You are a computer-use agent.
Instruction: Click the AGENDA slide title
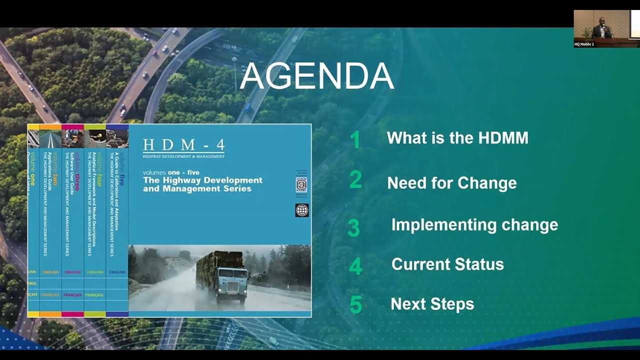317,76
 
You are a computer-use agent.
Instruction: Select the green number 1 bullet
355,140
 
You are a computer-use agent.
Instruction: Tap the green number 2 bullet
355,179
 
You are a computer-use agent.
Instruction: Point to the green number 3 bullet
353,227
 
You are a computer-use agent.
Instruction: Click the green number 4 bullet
355,266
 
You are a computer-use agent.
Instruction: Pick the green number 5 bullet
355,304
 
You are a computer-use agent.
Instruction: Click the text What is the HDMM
457,138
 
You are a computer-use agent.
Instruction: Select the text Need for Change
451,183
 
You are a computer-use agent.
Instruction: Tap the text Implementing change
474,225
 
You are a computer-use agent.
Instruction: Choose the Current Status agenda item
447,264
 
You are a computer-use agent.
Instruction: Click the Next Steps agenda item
432,303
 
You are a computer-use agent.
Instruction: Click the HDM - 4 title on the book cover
183,145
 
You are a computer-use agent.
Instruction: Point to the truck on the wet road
222,275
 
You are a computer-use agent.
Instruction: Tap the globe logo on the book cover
302,210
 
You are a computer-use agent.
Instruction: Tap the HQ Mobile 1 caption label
584,44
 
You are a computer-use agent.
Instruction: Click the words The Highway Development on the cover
202,180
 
